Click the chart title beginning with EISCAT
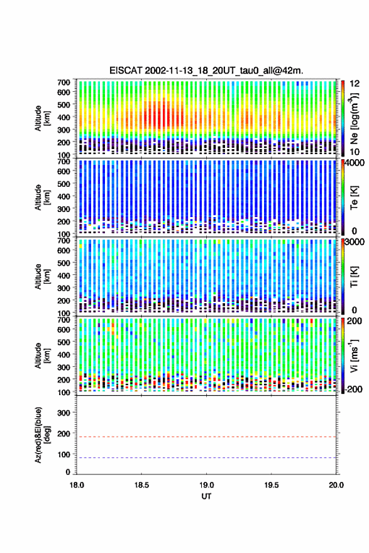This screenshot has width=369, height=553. coord(206,70)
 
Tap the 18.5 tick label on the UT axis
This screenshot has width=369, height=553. coord(141,485)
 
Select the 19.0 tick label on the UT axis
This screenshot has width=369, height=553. coord(206,485)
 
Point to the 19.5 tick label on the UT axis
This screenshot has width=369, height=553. coord(271,485)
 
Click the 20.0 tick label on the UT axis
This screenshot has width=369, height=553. coord(336,485)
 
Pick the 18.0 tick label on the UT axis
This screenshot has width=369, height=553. coord(77,485)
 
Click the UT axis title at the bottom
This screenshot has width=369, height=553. coord(206,496)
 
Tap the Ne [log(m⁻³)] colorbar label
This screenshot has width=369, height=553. coord(354,118)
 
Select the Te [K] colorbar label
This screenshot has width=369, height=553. coord(354,198)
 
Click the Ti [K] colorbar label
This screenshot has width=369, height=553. coord(354,277)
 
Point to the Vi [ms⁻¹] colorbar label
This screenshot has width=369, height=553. coord(354,355)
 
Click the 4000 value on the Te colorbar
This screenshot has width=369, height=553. coord(355,162)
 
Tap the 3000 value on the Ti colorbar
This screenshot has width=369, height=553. coord(355,242)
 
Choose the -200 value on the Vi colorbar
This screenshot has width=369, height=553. coord(354,389)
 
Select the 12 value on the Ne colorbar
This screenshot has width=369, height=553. coord(355,83)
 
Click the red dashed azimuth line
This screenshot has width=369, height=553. coord(206,437)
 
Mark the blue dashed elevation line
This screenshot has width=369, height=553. coord(206,458)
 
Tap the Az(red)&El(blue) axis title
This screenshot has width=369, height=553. coord(42,435)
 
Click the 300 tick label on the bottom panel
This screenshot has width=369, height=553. coord(64,413)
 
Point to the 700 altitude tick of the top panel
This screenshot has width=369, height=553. coord(63,82)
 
